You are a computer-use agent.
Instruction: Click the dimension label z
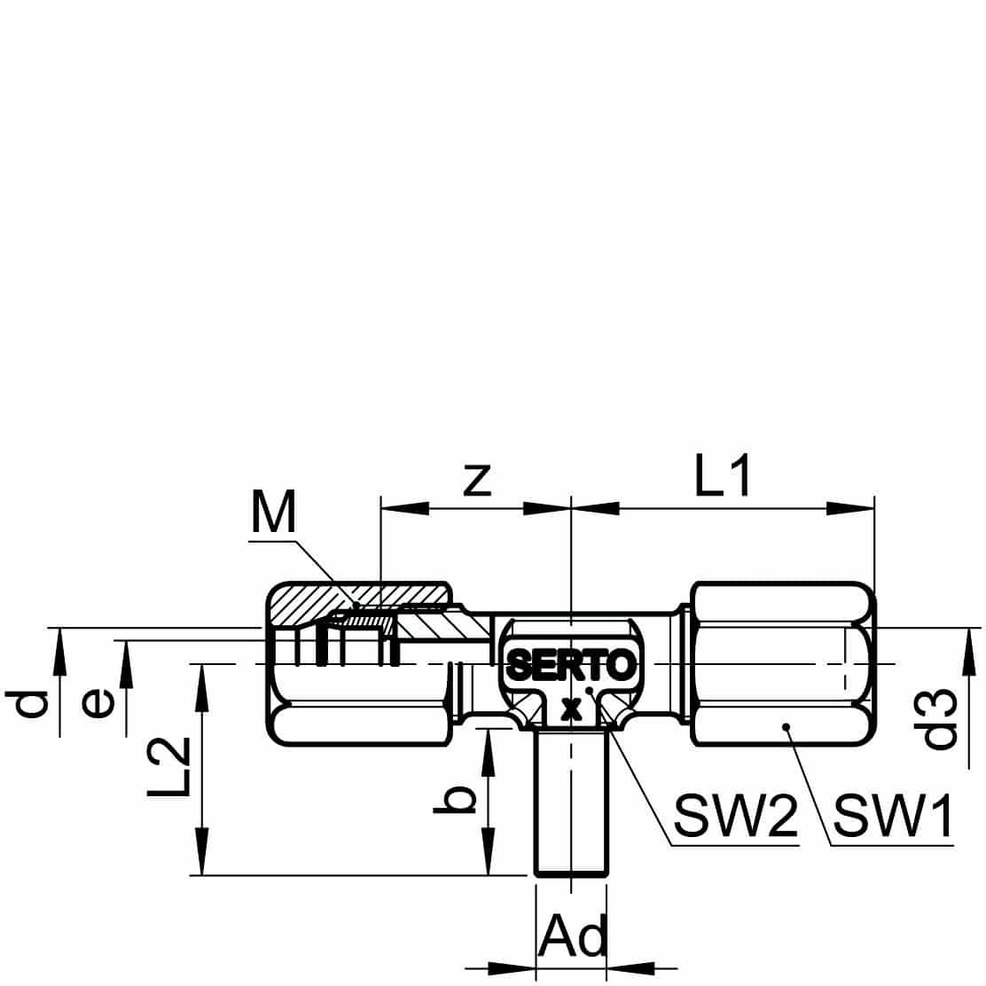[x=477, y=481]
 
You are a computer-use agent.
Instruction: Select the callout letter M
[x=273, y=512]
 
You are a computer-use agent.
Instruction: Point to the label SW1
[x=893, y=815]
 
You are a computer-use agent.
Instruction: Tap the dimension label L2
[x=168, y=766]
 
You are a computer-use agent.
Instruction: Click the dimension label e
[x=98, y=702]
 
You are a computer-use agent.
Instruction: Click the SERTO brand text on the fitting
[x=571, y=665]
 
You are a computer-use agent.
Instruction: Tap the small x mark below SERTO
[x=570, y=709]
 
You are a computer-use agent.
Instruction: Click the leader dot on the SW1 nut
[x=786, y=728]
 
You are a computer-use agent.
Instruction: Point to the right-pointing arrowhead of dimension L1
[x=849, y=507]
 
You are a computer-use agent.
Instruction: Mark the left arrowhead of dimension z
[x=405, y=507]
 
